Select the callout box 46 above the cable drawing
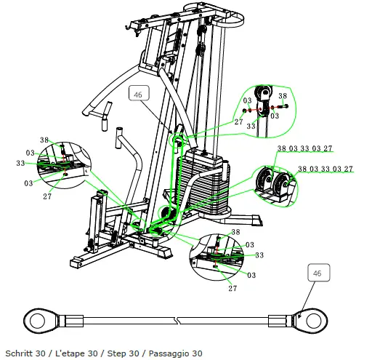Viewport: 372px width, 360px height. click(x=317, y=273)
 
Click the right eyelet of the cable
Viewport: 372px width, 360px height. click(x=312, y=319)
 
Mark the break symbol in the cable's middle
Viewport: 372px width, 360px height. click(x=177, y=319)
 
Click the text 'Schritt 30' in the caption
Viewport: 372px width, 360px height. click(x=23, y=353)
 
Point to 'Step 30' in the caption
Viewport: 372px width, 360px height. click(x=123, y=353)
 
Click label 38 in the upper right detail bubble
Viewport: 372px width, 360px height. click(x=283, y=96)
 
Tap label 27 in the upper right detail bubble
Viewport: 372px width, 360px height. click(x=238, y=122)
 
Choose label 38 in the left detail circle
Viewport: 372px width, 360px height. click(x=44, y=140)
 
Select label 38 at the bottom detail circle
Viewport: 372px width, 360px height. click(x=235, y=231)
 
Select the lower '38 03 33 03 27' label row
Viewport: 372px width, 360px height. click(x=325, y=169)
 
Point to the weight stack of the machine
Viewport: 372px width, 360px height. click(x=203, y=182)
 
